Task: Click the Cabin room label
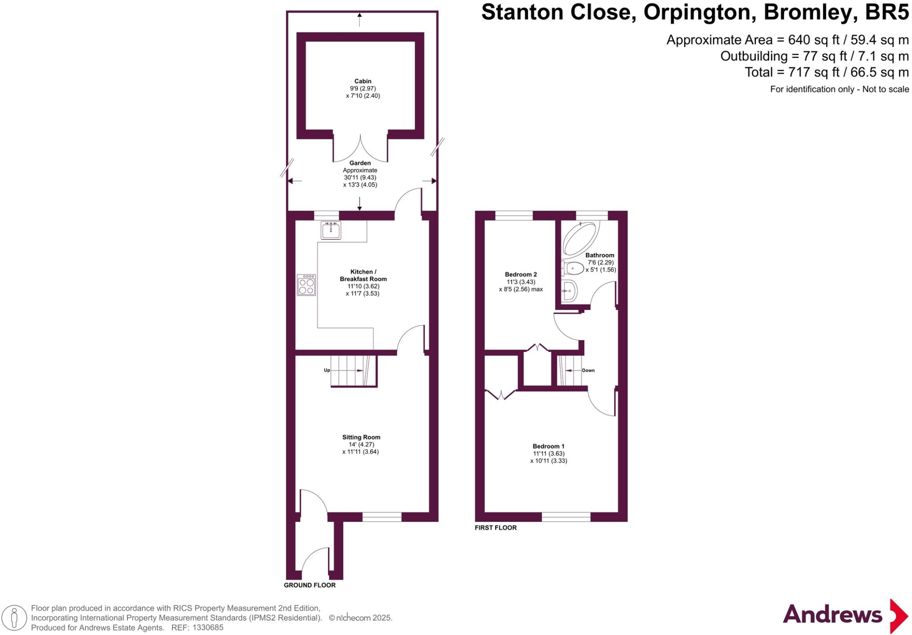[362, 81]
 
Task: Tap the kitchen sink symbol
[331, 230]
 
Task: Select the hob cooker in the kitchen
[306, 285]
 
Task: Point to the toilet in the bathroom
[573, 268]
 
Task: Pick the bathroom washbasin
[570, 291]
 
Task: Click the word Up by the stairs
[327, 370]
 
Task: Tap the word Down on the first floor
[588, 370]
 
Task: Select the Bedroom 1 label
[548, 446]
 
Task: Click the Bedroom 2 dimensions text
[521, 285]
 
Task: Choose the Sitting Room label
[361, 437]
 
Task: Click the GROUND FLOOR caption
[309, 585]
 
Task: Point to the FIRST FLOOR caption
[496, 528]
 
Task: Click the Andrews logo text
[832, 615]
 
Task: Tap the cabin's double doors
[360, 149]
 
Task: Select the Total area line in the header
[826, 72]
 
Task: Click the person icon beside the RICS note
[14, 618]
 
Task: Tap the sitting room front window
[382, 517]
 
